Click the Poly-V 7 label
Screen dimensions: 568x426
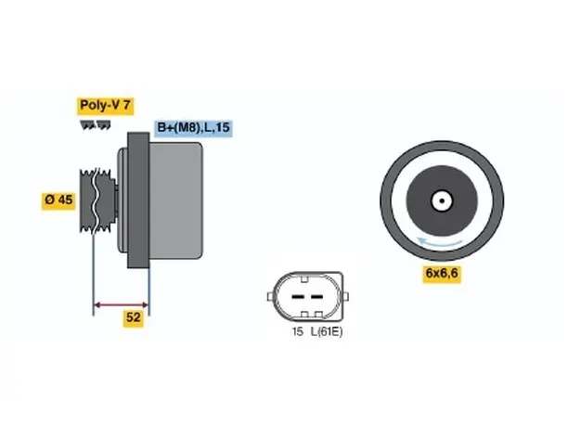[105, 106]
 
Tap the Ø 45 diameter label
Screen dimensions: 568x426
[58, 200]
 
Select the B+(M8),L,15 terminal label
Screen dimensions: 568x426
[193, 128]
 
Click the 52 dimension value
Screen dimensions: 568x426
[134, 317]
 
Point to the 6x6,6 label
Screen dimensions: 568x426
[442, 273]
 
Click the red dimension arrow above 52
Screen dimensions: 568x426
[122, 304]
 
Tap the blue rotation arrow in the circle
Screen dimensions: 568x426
[439, 243]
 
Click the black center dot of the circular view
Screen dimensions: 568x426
[442, 201]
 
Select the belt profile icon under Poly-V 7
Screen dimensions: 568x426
[96, 125]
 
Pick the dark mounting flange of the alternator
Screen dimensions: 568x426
[138, 200]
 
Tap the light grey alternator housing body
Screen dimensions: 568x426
[176, 200]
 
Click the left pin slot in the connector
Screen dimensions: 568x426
[298, 297]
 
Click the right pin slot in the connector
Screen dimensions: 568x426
[316, 297]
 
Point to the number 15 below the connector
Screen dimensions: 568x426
[297, 331]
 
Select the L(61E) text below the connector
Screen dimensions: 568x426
[327, 331]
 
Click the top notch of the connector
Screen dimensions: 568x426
[304, 279]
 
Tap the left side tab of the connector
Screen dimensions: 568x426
[270, 297]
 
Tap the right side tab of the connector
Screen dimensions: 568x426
[345, 297]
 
